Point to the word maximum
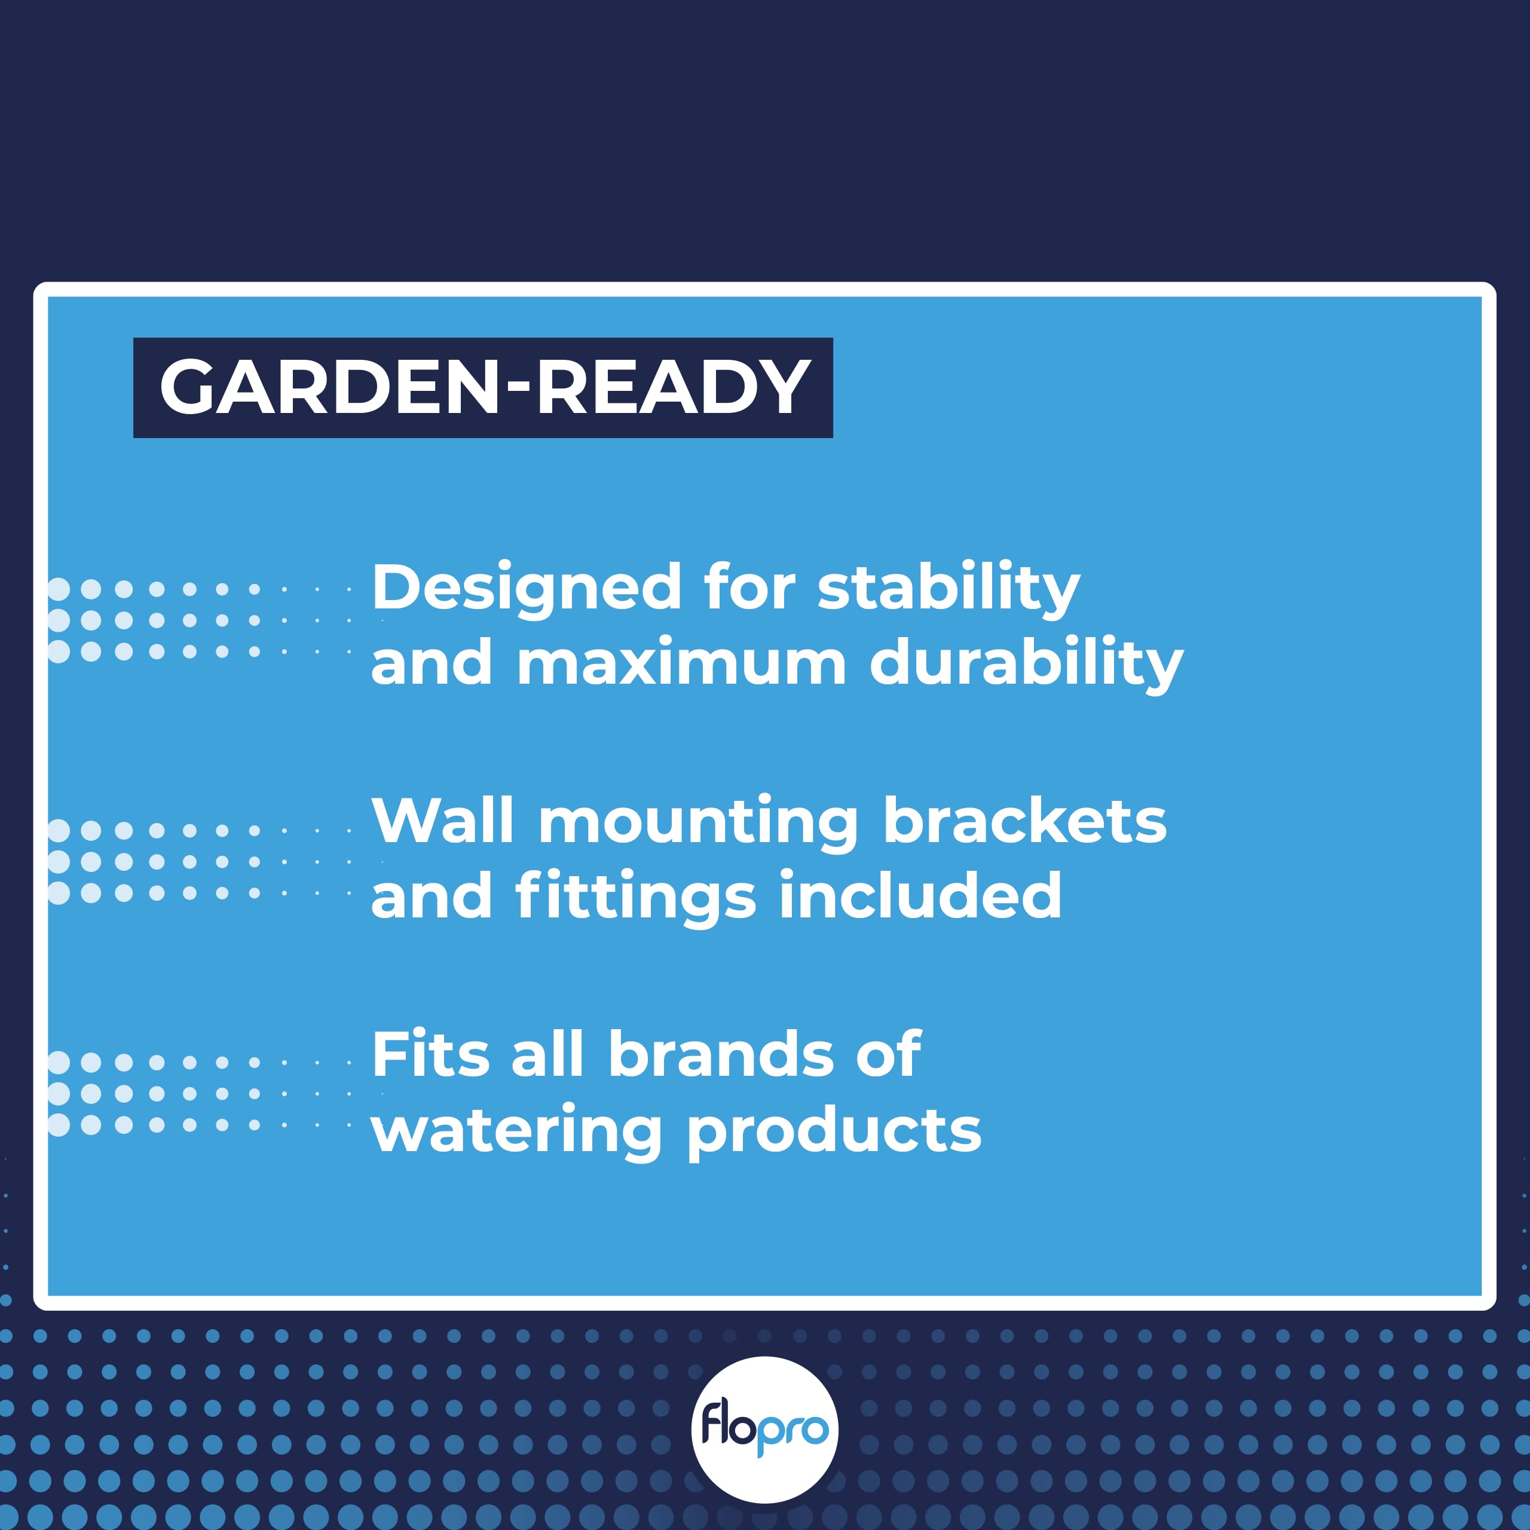click(x=681, y=663)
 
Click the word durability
click(x=1026, y=663)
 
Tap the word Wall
click(x=443, y=821)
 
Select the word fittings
click(x=635, y=896)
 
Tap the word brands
click(x=721, y=1055)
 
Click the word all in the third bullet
click(x=547, y=1055)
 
